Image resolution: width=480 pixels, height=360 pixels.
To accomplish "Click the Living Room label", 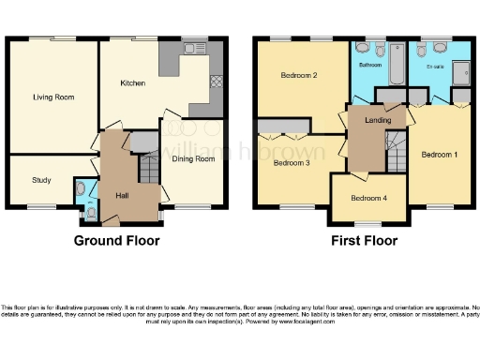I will [x=53, y=97].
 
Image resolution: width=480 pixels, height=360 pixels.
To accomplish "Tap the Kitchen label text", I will [x=132, y=83].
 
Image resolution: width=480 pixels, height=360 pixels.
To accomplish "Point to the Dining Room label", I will [x=193, y=159].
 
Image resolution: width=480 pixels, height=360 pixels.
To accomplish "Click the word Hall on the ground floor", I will [x=122, y=195].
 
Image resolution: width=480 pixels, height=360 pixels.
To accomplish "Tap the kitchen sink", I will [x=199, y=47].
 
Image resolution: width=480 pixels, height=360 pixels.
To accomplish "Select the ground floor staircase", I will [x=149, y=169].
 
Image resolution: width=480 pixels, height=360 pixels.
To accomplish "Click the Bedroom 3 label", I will [x=292, y=162].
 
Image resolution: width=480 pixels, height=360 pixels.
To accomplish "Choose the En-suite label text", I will [x=434, y=67].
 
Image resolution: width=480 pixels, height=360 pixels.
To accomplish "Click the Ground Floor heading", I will [x=116, y=241].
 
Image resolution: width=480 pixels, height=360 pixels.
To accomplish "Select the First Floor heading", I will [x=363, y=241].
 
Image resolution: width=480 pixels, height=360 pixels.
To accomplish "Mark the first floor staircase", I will [x=397, y=150].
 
